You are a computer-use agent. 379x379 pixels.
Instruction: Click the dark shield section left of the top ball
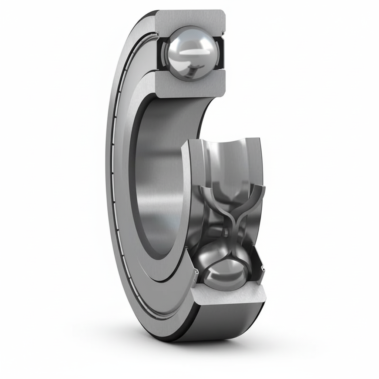162,54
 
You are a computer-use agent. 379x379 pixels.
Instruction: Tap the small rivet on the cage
225,232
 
